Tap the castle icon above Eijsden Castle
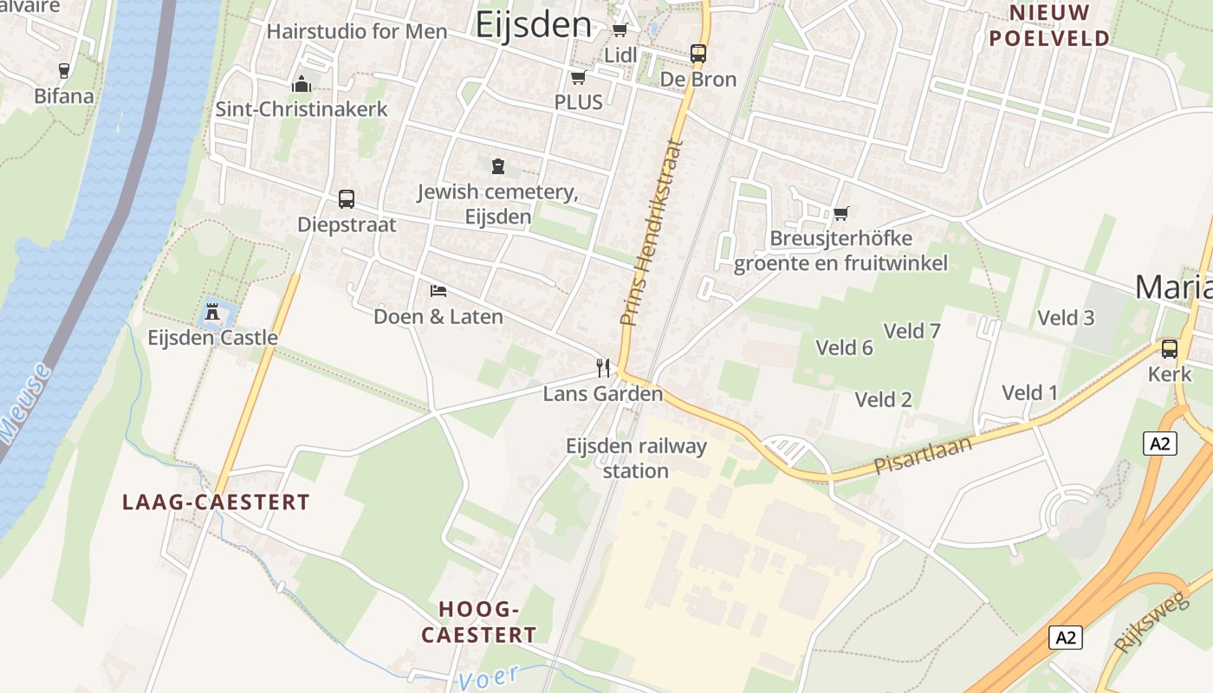pyautogui.click(x=211, y=312)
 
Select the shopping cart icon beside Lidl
pyautogui.click(x=620, y=30)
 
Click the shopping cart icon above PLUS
pyautogui.click(x=578, y=78)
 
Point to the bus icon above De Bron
pyautogui.click(x=698, y=54)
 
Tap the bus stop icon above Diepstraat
pyautogui.click(x=347, y=199)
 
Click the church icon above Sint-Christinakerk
pyautogui.click(x=302, y=84)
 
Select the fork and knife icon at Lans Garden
pyautogui.click(x=603, y=368)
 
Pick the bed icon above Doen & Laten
pyautogui.click(x=438, y=290)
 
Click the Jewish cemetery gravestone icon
pyautogui.click(x=497, y=165)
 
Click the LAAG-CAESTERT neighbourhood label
pyautogui.click(x=216, y=502)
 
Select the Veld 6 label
pyautogui.click(x=844, y=347)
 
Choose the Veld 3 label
pyautogui.click(x=1066, y=318)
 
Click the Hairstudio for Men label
pyautogui.click(x=357, y=32)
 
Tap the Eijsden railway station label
pyautogui.click(x=636, y=458)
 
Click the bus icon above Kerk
pyautogui.click(x=1170, y=349)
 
